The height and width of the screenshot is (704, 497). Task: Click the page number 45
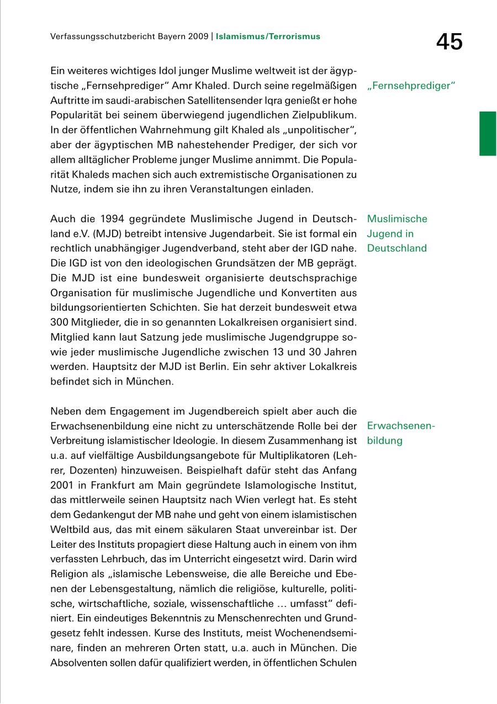point(449,41)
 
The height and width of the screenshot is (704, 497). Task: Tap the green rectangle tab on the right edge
point(488,134)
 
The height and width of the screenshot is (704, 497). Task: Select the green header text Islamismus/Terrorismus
point(268,37)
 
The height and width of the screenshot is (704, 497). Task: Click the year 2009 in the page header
point(197,37)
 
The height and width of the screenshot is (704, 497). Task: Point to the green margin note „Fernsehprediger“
point(410,86)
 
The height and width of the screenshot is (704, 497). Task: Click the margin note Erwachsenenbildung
point(401,433)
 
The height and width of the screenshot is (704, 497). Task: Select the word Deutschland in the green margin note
point(396,248)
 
